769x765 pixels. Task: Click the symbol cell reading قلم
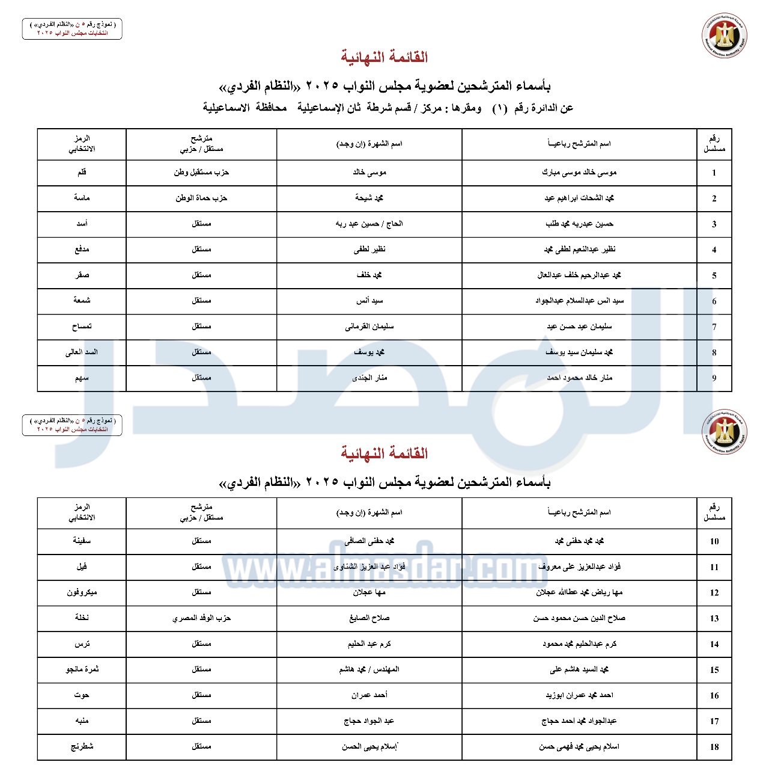[82, 173]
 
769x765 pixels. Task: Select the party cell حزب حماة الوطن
[201, 198]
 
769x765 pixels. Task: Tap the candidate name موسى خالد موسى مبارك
[579, 173]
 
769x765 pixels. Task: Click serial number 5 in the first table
[714, 275]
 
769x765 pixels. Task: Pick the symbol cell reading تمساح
[82, 327]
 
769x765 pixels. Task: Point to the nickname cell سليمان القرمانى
[369, 327]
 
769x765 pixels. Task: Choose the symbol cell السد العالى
[82, 352]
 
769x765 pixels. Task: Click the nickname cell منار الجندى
[369, 378]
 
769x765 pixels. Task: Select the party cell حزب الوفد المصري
[201, 618]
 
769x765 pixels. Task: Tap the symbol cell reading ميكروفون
[82, 592]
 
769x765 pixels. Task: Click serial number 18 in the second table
[714, 747]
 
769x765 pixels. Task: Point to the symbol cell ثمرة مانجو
[82, 669]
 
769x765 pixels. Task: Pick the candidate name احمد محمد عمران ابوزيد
[579, 695]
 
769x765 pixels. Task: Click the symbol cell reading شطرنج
[82, 746]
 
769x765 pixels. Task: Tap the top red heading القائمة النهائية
[384, 58]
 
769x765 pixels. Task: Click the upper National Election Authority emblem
[725, 36]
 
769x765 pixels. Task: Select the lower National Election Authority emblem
[725, 431]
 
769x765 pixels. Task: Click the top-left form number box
[72, 29]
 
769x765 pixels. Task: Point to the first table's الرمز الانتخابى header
[82, 144]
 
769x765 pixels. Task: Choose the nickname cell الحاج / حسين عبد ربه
[369, 224]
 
